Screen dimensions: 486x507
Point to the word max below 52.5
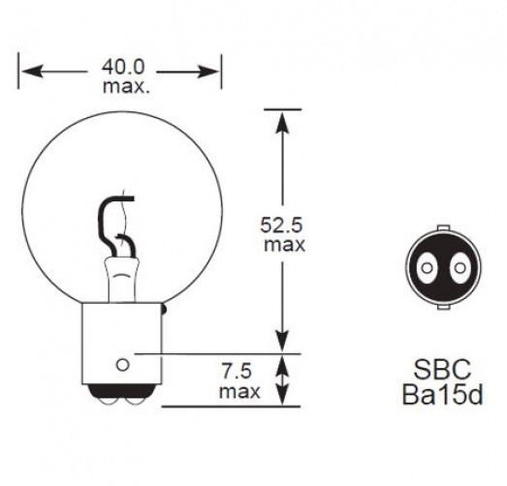tap(284, 245)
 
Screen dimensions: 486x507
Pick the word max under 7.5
tap(238, 391)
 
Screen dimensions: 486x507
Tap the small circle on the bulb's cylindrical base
tap(122, 364)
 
